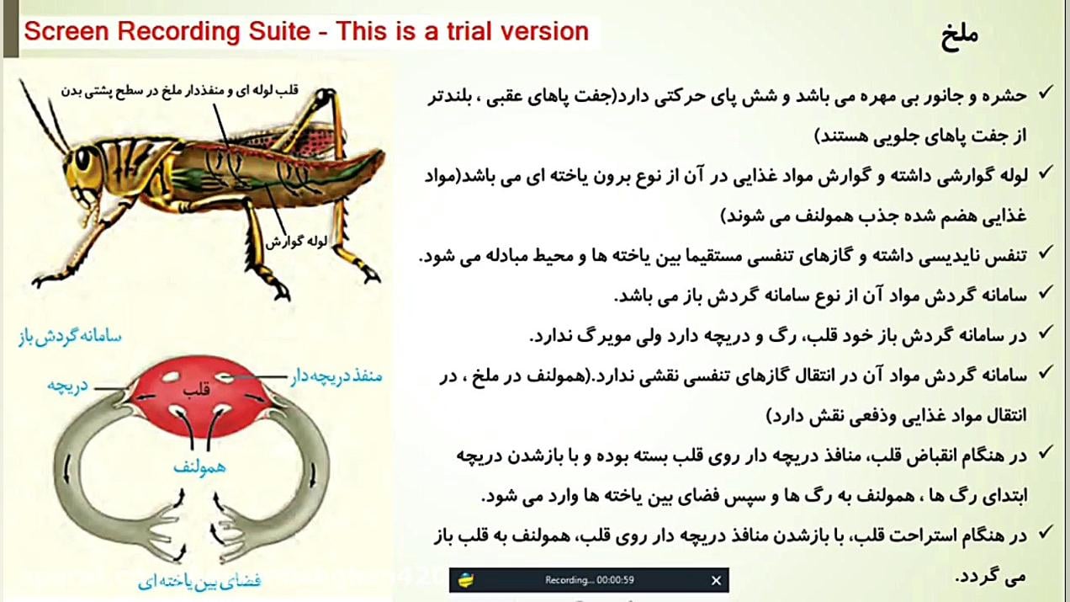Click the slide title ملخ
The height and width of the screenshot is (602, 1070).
(958, 36)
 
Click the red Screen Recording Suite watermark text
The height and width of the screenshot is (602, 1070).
(306, 32)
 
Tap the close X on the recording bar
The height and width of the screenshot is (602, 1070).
(716, 580)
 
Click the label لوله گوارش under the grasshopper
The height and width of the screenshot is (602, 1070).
(297, 241)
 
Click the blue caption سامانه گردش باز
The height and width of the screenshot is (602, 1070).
(69, 337)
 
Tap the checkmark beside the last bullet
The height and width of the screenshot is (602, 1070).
(1046, 532)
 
